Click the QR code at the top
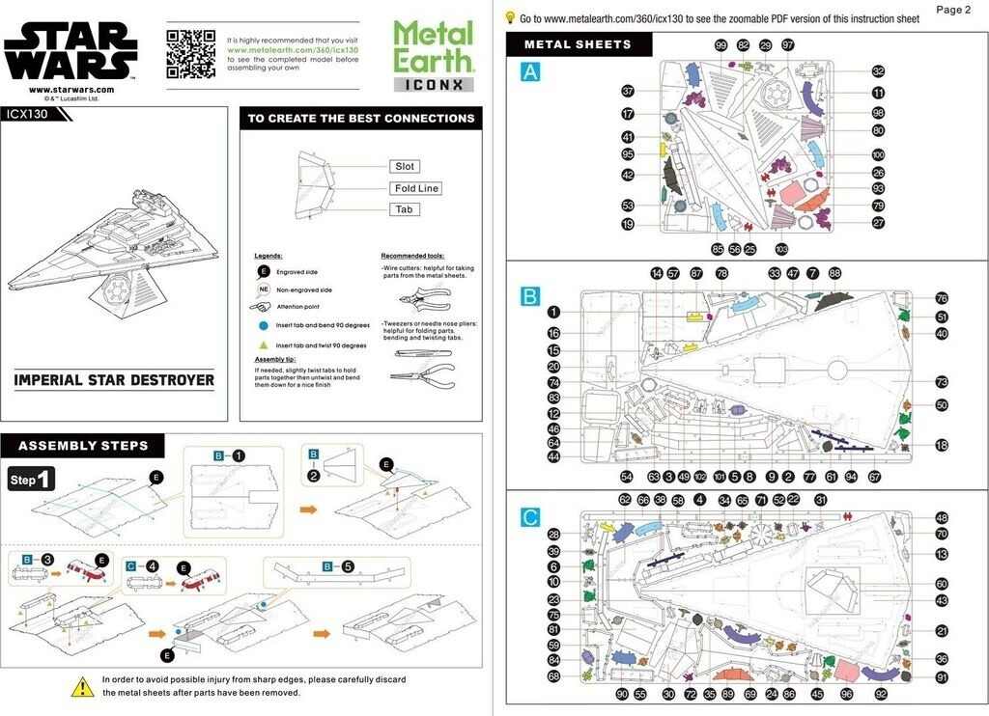190,53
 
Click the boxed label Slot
405,167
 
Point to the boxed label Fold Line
416,188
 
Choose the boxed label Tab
404,209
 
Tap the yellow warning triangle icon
82,686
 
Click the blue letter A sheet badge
530,72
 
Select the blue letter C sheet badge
530,517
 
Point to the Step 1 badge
32,479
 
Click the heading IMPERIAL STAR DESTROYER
114,379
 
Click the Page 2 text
953,10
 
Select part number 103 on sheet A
781,249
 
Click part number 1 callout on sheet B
553,311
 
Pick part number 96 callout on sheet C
846,694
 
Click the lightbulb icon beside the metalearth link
510,17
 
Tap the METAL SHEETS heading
578,44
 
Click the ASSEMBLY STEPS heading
83,446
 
